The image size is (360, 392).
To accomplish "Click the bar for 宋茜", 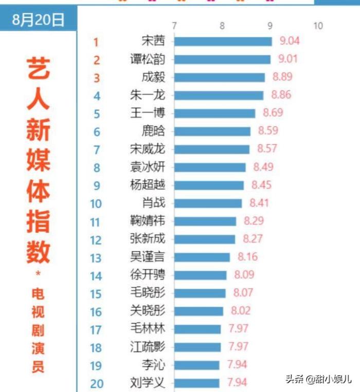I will pyautogui.click(x=223, y=42).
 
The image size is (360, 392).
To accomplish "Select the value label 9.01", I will pyautogui.click(x=287, y=59).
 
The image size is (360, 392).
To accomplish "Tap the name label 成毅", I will pyautogui.click(x=153, y=77).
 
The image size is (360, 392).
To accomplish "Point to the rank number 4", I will pyautogui.click(x=97, y=96).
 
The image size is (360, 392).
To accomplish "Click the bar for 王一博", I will pyautogui.click(x=214, y=113).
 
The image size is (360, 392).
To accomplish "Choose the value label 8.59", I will pyautogui.click(x=268, y=131).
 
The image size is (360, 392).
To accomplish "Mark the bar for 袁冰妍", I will pyautogui.click(x=210, y=167).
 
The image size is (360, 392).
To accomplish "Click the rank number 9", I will pyautogui.click(x=97, y=185).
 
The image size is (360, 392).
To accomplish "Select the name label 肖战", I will pyautogui.click(x=153, y=203).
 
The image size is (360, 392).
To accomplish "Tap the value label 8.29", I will pyautogui.click(x=254, y=221).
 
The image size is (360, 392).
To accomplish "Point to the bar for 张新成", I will pyautogui.click(x=204, y=239).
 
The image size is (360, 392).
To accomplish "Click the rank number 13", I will pyautogui.click(x=96, y=258).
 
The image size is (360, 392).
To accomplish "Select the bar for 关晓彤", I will pyautogui.click(x=199, y=311).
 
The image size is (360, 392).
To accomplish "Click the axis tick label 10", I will pyautogui.click(x=318, y=26).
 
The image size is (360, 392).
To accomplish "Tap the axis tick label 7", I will pyautogui.click(x=175, y=26).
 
